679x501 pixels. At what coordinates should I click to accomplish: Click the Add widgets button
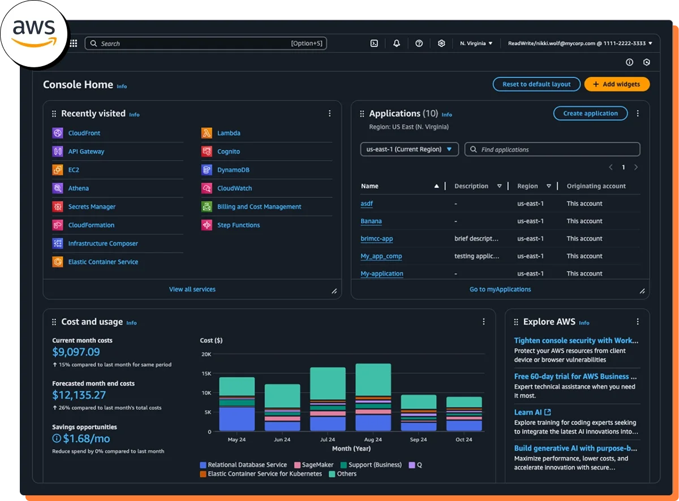pyautogui.click(x=617, y=84)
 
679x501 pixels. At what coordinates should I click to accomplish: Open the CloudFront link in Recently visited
pyautogui.click(x=84, y=133)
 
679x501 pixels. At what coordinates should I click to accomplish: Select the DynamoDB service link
pyautogui.click(x=233, y=170)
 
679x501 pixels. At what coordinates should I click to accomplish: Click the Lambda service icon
pyautogui.click(x=207, y=133)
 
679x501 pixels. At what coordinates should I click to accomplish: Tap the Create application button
pyautogui.click(x=590, y=113)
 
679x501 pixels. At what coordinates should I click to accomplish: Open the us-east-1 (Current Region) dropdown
pyautogui.click(x=409, y=149)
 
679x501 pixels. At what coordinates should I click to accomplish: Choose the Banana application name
pyautogui.click(x=371, y=221)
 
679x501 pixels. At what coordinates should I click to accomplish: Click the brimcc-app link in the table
pyautogui.click(x=376, y=239)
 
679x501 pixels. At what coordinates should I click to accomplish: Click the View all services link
pyautogui.click(x=192, y=289)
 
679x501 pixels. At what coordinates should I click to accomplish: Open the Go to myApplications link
pyautogui.click(x=500, y=289)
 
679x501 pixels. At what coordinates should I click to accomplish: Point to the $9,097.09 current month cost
pyautogui.click(x=76, y=352)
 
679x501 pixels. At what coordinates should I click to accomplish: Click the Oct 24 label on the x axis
pyautogui.click(x=464, y=439)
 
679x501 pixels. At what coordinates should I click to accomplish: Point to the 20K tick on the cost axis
pyautogui.click(x=205, y=355)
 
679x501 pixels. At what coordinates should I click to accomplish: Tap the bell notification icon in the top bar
pyautogui.click(x=397, y=43)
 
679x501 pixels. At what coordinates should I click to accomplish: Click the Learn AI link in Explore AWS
pyautogui.click(x=528, y=412)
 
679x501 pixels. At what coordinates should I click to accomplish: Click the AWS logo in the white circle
pyautogui.click(x=34, y=31)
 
